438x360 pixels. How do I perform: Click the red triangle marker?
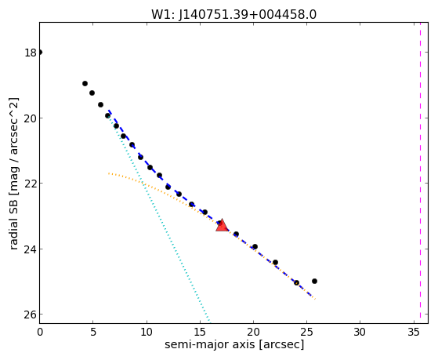(x=222, y=225)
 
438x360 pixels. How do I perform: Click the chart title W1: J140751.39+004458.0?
(x=233, y=14)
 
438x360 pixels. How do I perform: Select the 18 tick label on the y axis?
(x=31, y=53)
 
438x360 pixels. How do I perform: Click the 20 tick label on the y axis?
(x=31, y=118)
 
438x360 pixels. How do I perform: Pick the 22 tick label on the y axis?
(x=31, y=184)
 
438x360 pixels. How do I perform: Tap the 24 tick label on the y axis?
(x=31, y=249)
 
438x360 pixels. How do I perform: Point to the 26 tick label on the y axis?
(x=31, y=315)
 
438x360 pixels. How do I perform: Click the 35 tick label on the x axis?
(x=414, y=332)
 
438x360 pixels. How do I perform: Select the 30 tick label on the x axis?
(x=360, y=332)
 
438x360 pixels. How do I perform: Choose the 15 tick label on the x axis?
(x=200, y=332)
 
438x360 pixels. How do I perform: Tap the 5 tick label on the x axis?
(x=93, y=332)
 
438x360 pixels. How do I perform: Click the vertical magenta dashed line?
(x=420, y=173)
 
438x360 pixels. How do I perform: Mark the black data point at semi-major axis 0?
(x=40, y=52)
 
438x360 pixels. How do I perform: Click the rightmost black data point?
(x=314, y=281)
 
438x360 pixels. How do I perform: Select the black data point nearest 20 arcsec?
(x=255, y=247)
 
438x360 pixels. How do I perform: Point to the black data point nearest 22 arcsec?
(x=275, y=263)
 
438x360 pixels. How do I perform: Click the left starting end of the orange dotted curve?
(x=109, y=173)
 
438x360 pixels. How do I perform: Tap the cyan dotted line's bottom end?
(x=210, y=320)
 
